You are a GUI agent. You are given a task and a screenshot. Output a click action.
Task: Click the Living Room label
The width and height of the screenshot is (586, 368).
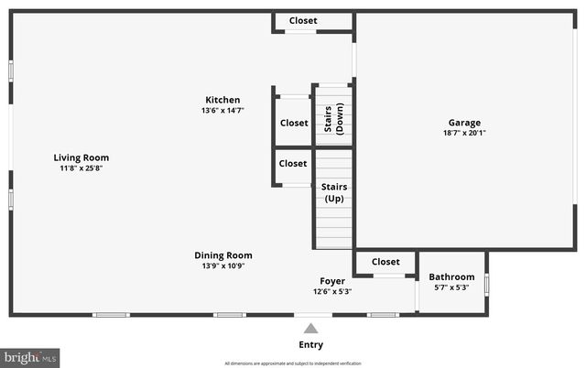tap(81, 157)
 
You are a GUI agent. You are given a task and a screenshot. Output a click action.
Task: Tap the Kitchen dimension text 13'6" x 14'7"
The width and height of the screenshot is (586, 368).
tap(222, 111)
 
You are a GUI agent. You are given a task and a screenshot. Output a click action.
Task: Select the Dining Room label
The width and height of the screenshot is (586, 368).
tap(222, 255)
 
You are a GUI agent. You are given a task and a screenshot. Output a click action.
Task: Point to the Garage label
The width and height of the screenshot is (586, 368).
tap(464, 123)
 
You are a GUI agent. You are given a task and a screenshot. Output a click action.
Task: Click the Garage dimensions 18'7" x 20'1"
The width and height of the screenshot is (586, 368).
tap(464, 133)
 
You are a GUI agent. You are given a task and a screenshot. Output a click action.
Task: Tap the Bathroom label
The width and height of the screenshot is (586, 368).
tap(451, 277)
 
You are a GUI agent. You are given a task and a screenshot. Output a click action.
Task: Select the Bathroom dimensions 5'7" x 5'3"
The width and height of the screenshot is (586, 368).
tap(451, 287)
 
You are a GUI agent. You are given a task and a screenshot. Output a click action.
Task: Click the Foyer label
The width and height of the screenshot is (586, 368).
tap(331, 281)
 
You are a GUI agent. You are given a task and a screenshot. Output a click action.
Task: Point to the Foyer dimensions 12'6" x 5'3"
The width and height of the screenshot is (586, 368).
tap(331, 291)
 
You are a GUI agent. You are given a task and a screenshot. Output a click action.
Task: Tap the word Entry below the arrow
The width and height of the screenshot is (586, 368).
tap(311, 345)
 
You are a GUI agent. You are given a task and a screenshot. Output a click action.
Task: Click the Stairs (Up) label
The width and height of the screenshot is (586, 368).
tap(333, 192)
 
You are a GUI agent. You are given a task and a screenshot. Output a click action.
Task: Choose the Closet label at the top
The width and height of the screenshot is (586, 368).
tap(303, 20)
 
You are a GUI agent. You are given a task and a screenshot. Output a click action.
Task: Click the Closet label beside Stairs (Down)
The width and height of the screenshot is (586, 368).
tap(294, 123)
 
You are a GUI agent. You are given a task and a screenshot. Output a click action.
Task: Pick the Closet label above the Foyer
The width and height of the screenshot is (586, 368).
tap(385, 262)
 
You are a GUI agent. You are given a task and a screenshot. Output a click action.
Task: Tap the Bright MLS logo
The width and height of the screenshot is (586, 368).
tap(30, 355)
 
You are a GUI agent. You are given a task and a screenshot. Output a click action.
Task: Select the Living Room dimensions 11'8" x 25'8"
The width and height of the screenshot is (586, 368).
tap(81, 168)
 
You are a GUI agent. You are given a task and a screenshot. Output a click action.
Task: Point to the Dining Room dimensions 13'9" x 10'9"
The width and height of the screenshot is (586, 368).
tap(222, 265)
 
